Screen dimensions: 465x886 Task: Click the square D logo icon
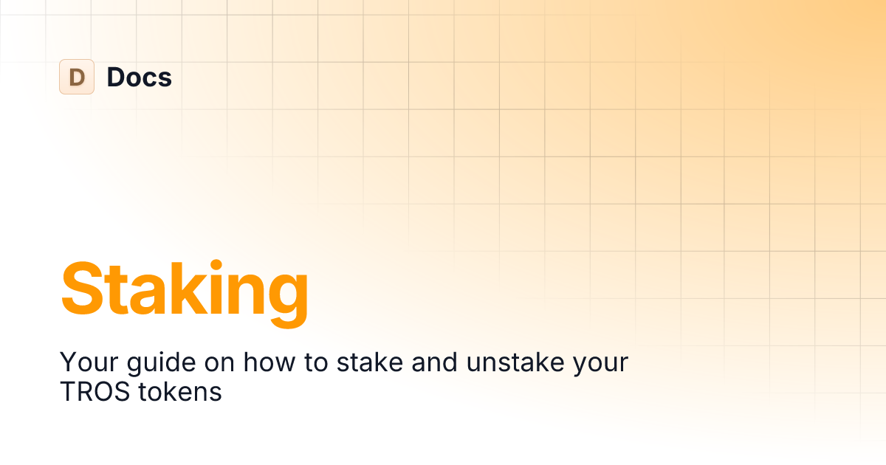point(77,77)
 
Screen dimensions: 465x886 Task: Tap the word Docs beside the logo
point(139,77)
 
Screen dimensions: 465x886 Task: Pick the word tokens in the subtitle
point(179,392)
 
